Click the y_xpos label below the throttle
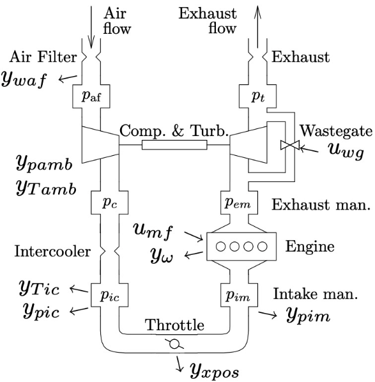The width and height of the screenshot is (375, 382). (217, 368)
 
